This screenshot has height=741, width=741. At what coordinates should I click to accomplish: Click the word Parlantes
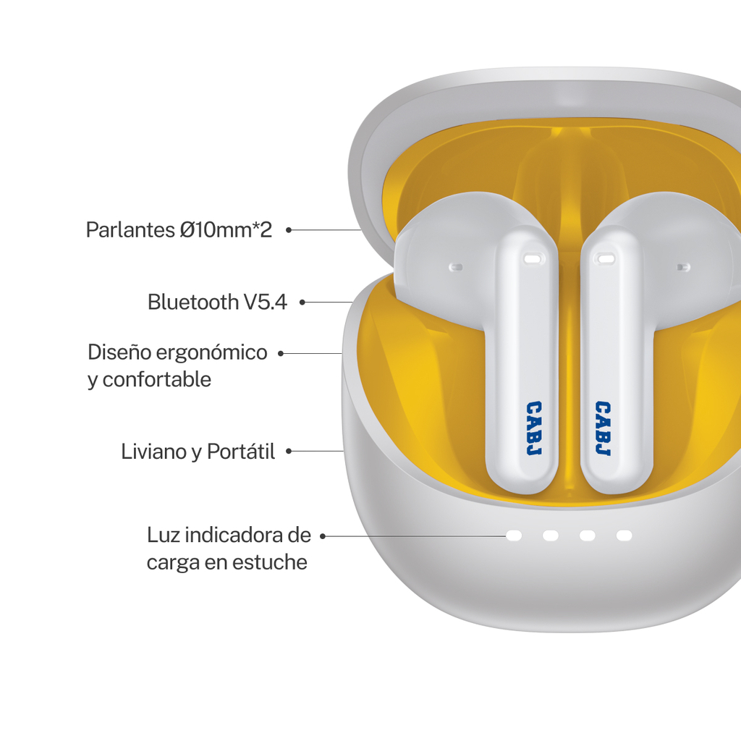coord(130,230)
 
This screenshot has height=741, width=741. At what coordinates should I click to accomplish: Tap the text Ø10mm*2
coord(226,230)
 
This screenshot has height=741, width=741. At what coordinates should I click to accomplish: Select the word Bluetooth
coord(192,302)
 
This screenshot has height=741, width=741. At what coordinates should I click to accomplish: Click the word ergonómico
coord(211,353)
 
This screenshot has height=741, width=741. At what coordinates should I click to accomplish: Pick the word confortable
coord(156,379)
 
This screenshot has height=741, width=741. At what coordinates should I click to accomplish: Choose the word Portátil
coord(241,452)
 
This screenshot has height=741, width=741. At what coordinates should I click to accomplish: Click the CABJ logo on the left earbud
coord(534,428)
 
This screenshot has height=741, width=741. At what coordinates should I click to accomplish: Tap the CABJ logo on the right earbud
coord(603,428)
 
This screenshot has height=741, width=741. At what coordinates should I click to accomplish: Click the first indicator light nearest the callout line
coord(514,535)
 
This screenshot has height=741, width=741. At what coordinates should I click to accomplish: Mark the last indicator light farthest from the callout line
coord(624,535)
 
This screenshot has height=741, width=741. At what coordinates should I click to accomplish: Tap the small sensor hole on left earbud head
coord(456,267)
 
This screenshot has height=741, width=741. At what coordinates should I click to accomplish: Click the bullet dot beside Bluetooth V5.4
coord(302,302)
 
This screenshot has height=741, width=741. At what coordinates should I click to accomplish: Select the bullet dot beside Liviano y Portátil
coord(288,452)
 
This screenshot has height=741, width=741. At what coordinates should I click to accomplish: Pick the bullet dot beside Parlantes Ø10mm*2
coord(288,230)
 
